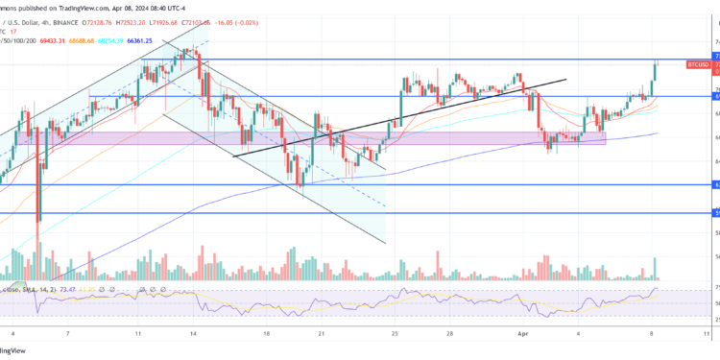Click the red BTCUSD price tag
pos(698,64)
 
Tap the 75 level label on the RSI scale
pos(715,287)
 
